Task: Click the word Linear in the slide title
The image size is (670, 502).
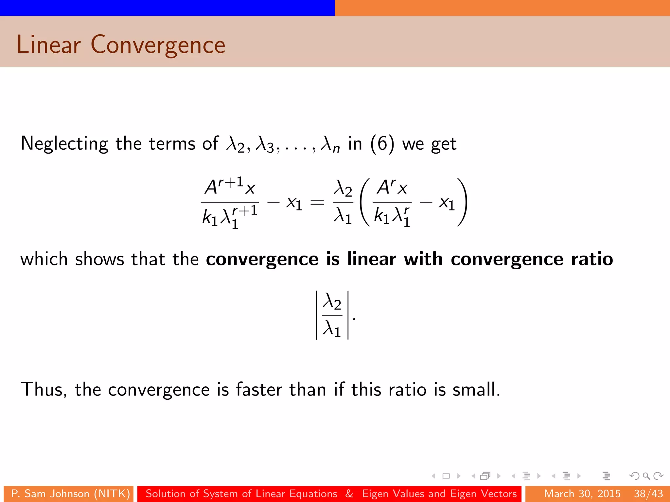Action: click(x=48, y=45)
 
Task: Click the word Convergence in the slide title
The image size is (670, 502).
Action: click(x=158, y=45)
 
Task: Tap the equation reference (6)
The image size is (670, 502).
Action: click(x=382, y=144)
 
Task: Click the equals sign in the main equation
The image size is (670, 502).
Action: click(x=317, y=203)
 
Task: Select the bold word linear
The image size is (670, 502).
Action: click(x=371, y=259)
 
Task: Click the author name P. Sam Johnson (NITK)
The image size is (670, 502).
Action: click(x=70, y=494)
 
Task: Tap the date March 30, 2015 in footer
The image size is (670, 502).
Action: click(x=582, y=494)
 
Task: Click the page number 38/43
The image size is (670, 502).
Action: click(x=648, y=494)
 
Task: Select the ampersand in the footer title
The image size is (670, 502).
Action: click(x=349, y=494)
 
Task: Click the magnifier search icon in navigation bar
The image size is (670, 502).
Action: click(x=646, y=476)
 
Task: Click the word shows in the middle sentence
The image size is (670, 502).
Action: click(x=99, y=259)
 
